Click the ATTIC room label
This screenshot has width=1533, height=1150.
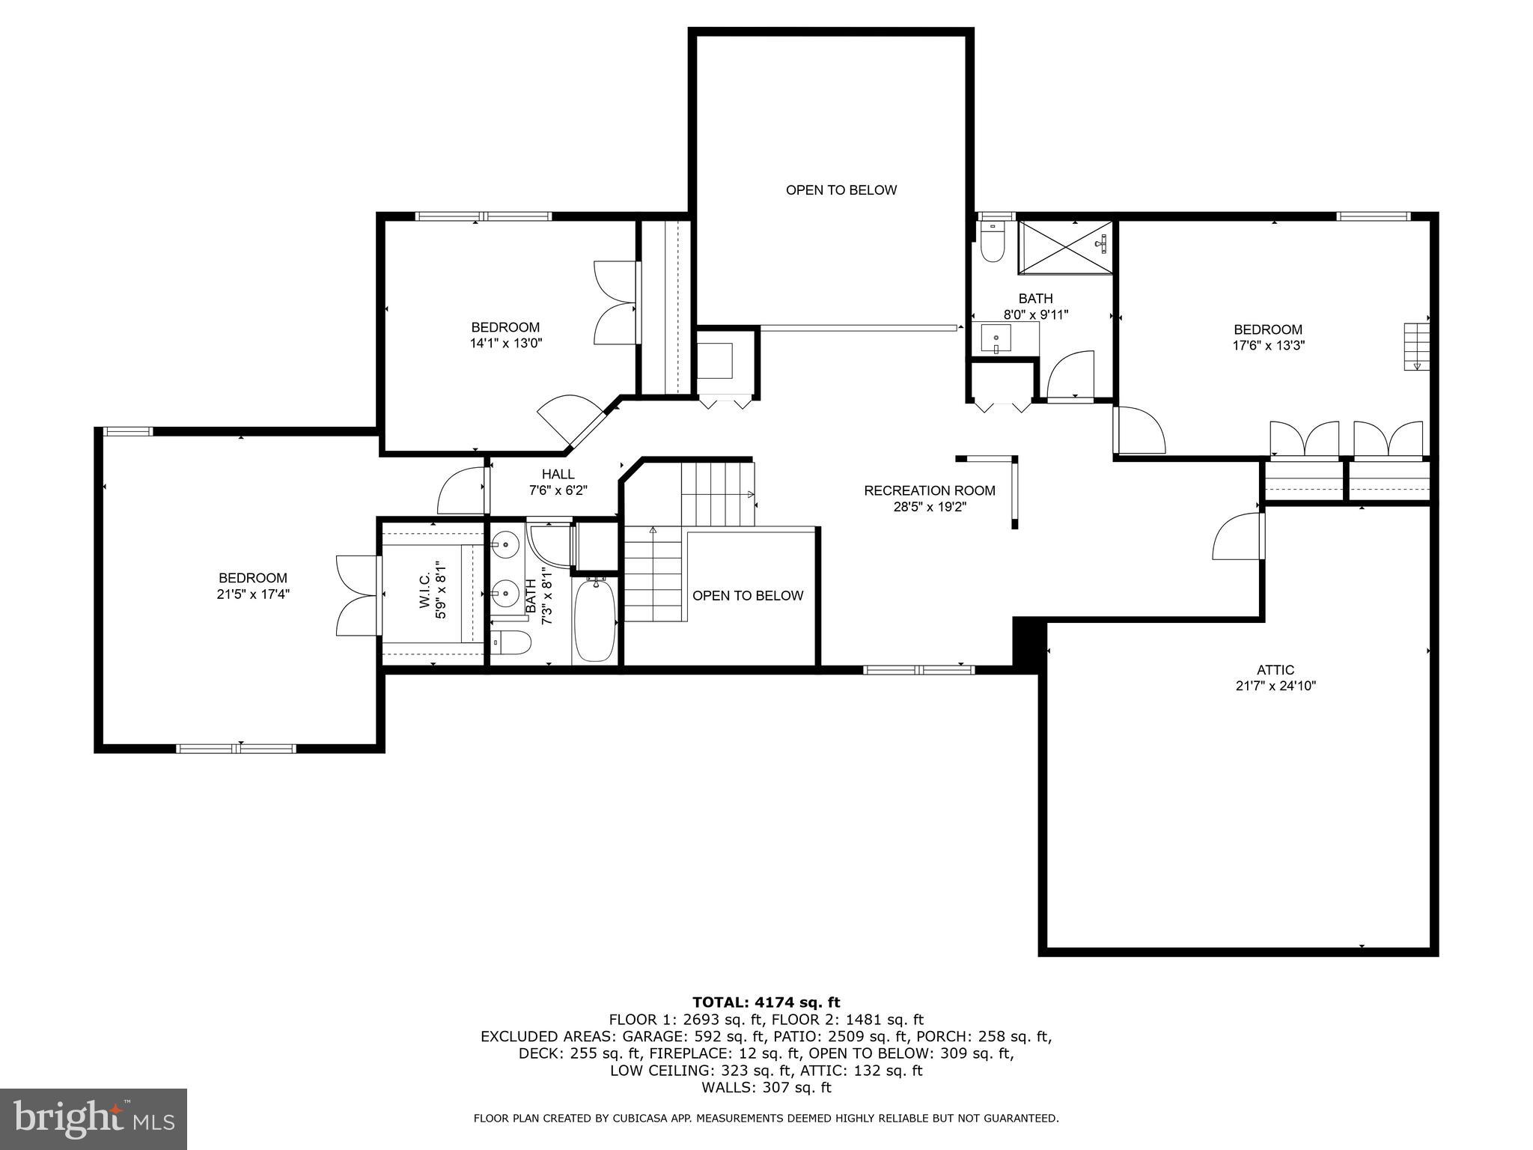click(1275, 670)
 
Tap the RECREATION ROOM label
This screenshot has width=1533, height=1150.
click(930, 490)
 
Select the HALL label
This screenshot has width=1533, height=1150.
click(558, 474)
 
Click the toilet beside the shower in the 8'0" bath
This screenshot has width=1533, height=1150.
click(993, 244)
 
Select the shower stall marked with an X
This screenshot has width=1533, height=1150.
click(1064, 248)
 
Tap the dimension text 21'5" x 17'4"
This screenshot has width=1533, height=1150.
click(252, 594)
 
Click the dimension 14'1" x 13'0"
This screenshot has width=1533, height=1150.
click(505, 344)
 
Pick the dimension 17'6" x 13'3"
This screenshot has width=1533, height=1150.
click(1268, 346)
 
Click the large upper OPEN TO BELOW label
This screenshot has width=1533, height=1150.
click(841, 190)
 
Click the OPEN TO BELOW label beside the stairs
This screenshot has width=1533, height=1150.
click(747, 596)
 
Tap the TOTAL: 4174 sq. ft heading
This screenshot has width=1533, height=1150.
click(766, 1002)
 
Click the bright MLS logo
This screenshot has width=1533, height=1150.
click(93, 1119)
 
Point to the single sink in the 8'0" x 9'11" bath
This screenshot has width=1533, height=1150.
click(996, 338)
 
